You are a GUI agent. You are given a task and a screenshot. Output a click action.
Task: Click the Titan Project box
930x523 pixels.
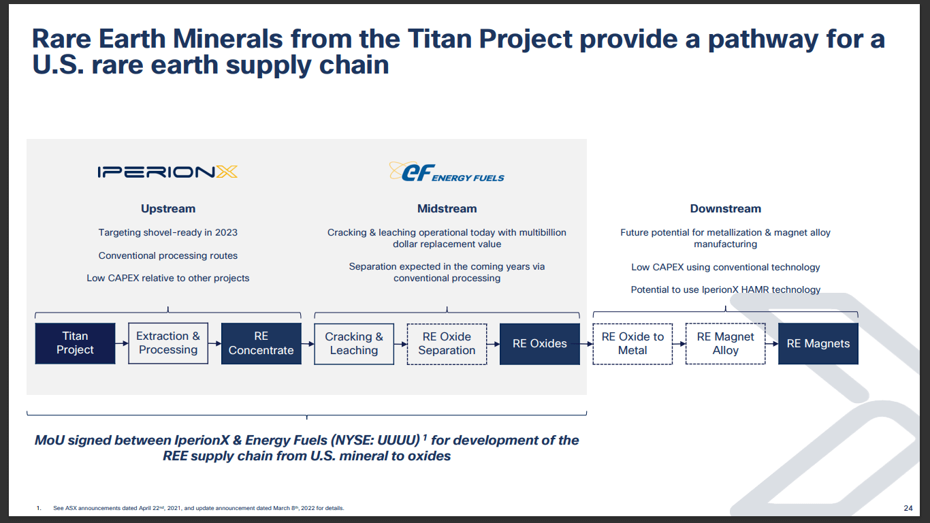75,343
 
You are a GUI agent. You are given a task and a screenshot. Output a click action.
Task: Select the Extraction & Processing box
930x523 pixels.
168,343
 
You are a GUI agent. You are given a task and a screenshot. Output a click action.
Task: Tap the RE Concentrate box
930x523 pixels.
261,343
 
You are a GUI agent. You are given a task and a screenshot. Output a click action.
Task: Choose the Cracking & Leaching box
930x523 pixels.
354,344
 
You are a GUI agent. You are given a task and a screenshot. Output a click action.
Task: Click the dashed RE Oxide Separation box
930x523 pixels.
447,344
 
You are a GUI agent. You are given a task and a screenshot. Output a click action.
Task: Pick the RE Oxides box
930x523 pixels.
540,344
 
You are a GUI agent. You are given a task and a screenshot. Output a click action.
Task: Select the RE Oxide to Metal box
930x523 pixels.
632,344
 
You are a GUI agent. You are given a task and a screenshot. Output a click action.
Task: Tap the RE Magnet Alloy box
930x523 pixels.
725,344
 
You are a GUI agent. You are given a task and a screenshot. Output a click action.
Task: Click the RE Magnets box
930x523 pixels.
818,344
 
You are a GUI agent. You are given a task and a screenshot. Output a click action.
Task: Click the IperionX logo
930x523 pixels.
167,172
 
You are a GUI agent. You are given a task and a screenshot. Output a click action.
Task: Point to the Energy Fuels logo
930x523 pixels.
447,172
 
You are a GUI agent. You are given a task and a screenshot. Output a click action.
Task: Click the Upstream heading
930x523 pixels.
168,209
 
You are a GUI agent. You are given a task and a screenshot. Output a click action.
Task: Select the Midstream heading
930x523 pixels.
447,209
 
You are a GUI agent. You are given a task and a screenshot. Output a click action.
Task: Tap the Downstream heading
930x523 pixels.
725,209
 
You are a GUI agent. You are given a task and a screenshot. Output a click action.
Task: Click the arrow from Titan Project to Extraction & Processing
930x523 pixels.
122,343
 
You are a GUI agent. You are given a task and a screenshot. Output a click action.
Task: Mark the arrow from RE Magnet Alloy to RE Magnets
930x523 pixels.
772,344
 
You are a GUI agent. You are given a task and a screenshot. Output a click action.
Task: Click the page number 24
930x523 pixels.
908,508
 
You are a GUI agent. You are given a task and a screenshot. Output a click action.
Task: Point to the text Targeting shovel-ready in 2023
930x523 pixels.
168,233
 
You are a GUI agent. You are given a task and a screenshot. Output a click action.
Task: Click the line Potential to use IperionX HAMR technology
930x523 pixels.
725,290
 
